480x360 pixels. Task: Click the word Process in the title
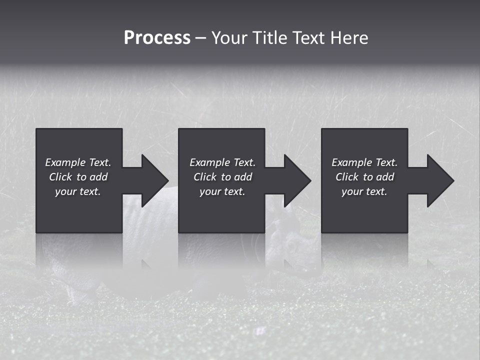tap(157, 38)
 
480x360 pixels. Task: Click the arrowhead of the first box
tap(153, 180)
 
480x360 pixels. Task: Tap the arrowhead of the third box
tap(439, 180)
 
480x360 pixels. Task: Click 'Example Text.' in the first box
tap(78, 162)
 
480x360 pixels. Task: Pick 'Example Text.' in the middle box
tap(222, 162)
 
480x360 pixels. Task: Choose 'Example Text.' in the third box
tap(364, 162)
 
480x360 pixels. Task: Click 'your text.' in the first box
tap(78, 191)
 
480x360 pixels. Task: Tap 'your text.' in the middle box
tap(222, 191)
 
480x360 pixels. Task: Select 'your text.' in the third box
tap(364, 191)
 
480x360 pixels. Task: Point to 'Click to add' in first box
tap(78, 177)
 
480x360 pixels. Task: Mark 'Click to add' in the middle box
tap(222, 177)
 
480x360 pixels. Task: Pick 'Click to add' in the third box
tap(364, 177)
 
